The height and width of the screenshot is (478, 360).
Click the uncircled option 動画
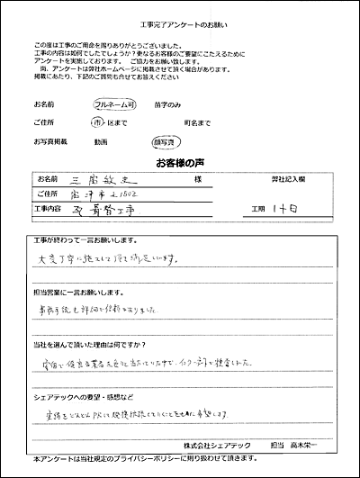(100, 141)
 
